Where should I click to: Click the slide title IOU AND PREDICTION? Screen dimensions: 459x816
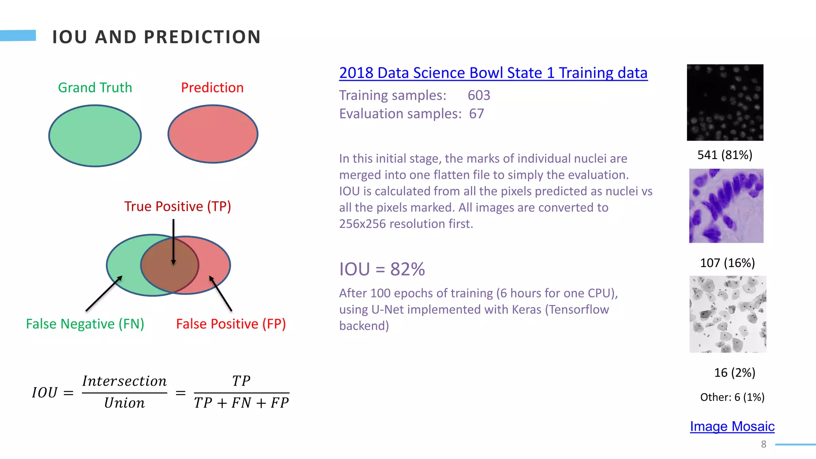pyautogui.click(x=156, y=37)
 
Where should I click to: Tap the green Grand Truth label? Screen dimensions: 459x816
pyautogui.click(x=95, y=88)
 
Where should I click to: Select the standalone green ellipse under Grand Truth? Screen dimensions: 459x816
pyautogui.click(x=95, y=136)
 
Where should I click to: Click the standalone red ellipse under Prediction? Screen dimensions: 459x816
pyautogui.click(x=213, y=134)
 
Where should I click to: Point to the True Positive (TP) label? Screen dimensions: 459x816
pyautogui.click(x=177, y=206)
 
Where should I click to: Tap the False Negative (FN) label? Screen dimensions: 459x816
pyautogui.click(x=85, y=324)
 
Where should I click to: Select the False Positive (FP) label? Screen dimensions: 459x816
pyautogui.click(x=231, y=324)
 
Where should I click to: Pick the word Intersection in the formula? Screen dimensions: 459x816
pyautogui.click(x=124, y=381)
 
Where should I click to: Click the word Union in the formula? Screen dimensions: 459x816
pyautogui.click(x=124, y=403)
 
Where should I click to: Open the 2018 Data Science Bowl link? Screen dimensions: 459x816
pyautogui.click(x=493, y=73)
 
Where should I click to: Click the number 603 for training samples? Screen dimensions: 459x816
pyautogui.click(x=479, y=95)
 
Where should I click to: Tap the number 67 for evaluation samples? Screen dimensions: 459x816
pyautogui.click(x=476, y=114)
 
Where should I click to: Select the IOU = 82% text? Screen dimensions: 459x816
pyautogui.click(x=382, y=269)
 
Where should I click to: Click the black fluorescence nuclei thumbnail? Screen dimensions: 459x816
pyautogui.click(x=725, y=102)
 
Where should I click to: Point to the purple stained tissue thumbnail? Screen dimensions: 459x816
pyautogui.click(x=726, y=206)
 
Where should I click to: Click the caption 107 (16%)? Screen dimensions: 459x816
pyautogui.click(x=727, y=263)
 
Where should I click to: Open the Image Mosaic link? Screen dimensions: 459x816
pyautogui.click(x=732, y=426)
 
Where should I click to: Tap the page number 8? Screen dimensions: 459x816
pyautogui.click(x=763, y=444)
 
